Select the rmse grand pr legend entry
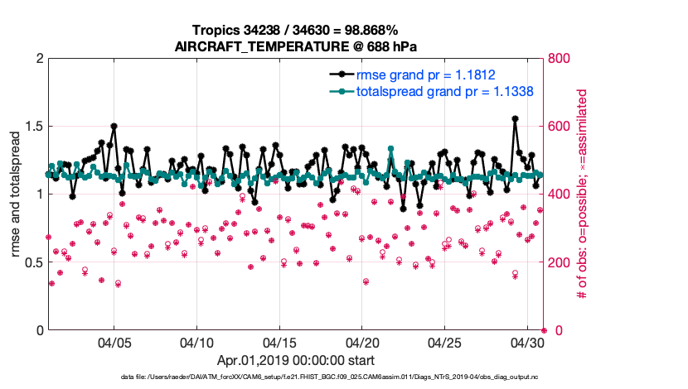coord(425,74)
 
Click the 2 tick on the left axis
coord(39,59)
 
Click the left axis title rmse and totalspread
coord(16,194)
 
